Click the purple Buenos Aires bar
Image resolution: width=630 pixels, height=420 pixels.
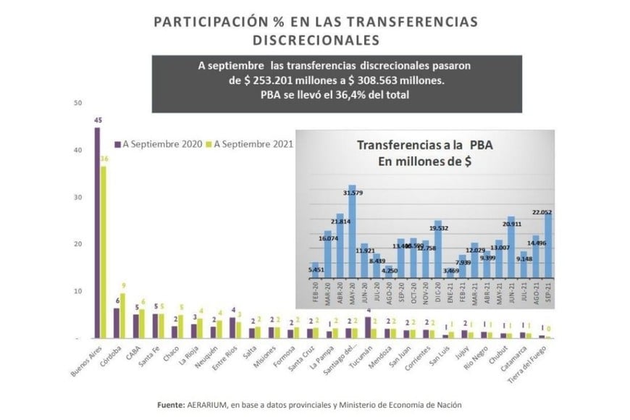(97, 232)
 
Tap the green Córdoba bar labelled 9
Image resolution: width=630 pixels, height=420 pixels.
(123, 315)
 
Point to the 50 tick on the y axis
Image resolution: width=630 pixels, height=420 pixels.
(77, 104)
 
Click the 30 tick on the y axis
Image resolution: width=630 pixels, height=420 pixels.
(77, 198)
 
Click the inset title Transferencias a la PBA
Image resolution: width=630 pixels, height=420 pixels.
(425, 146)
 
